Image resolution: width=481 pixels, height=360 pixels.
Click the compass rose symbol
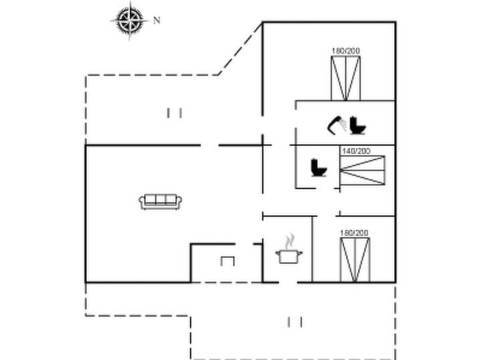(130, 20)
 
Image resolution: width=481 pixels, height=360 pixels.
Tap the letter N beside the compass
(157, 21)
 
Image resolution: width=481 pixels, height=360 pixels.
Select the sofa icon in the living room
(160, 202)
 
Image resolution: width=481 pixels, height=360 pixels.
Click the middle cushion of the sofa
(160, 199)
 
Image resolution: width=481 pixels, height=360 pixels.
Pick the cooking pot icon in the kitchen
(289, 257)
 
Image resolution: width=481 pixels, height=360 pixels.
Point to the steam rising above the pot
(290, 241)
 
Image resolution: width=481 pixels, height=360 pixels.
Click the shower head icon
(336, 125)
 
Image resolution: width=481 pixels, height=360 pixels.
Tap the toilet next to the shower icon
(358, 125)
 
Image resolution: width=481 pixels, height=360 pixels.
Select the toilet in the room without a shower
(319, 168)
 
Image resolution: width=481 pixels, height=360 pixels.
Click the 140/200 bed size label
(356, 151)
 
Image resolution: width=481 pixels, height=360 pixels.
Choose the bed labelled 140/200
(362, 171)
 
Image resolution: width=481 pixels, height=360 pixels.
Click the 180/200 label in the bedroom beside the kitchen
(354, 233)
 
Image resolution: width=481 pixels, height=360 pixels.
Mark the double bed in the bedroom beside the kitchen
(355, 260)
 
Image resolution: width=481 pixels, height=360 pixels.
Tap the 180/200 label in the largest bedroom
(346, 51)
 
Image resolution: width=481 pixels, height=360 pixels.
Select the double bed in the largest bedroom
(346, 78)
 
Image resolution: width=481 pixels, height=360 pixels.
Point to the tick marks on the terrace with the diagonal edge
(174, 113)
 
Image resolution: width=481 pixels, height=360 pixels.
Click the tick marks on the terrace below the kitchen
(295, 322)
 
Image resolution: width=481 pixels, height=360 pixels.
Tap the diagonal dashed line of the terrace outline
(240, 49)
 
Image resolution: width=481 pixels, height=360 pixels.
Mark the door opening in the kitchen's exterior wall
(288, 282)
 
